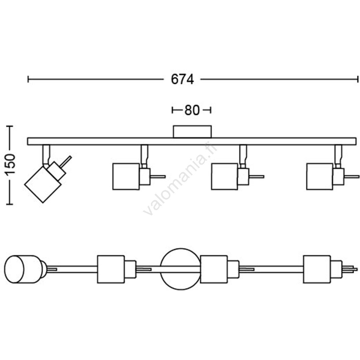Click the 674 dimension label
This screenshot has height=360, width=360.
click(182, 79)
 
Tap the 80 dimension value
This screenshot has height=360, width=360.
click(191, 110)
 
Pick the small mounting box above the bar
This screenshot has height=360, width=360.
click(192, 131)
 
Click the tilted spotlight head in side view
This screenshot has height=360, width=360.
click(40, 183)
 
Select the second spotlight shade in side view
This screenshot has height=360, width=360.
click(126, 176)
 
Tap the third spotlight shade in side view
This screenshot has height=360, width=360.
click(225, 176)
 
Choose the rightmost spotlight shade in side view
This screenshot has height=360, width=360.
click(319, 176)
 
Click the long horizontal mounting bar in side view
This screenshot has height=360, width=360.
click(192, 141)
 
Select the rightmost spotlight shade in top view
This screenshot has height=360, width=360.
click(317, 269)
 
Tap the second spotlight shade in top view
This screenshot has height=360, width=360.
click(111, 269)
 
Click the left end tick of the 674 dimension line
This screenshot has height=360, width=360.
click(28, 79)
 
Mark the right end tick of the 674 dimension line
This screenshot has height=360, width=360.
click(358, 79)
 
